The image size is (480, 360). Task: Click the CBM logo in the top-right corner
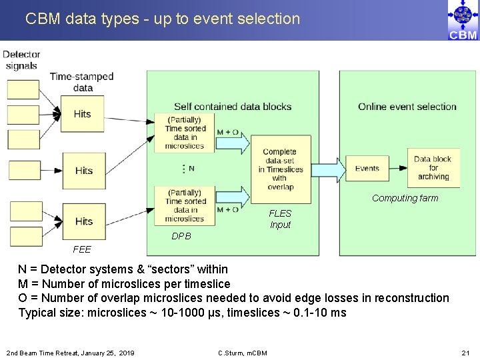[x=463, y=20]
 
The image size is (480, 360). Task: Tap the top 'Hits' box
[x=83, y=114]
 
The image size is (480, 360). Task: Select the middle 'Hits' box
[x=83, y=171]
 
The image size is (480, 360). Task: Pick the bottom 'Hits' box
[x=83, y=221]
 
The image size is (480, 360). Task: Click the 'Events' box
[x=367, y=169]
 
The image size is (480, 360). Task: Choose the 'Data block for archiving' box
[x=433, y=168]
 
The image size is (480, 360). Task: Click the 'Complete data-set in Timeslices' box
[x=280, y=169]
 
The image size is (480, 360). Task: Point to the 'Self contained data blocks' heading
[x=233, y=107]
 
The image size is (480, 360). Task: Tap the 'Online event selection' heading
[x=407, y=107]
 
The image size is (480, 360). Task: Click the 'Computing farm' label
[x=405, y=198]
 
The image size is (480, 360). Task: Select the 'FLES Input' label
[x=280, y=219]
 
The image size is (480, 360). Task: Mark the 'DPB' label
[x=181, y=236]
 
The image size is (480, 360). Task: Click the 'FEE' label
[x=82, y=249]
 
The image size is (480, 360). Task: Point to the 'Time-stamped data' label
[x=82, y=82]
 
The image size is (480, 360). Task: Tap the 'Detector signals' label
[x=21, y=60]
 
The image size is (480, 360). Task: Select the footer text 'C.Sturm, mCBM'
[x=243, y=352]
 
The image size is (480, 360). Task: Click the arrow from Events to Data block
[x=395, y=169]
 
